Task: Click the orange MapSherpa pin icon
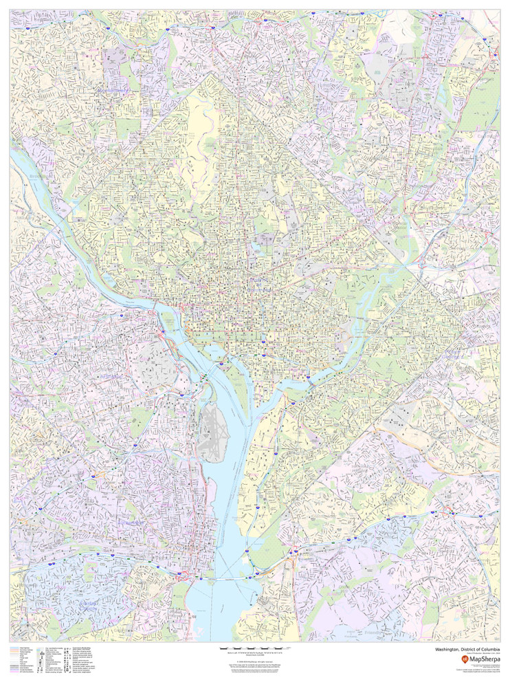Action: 463,659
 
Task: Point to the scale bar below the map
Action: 255,648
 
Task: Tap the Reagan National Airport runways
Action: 211,434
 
